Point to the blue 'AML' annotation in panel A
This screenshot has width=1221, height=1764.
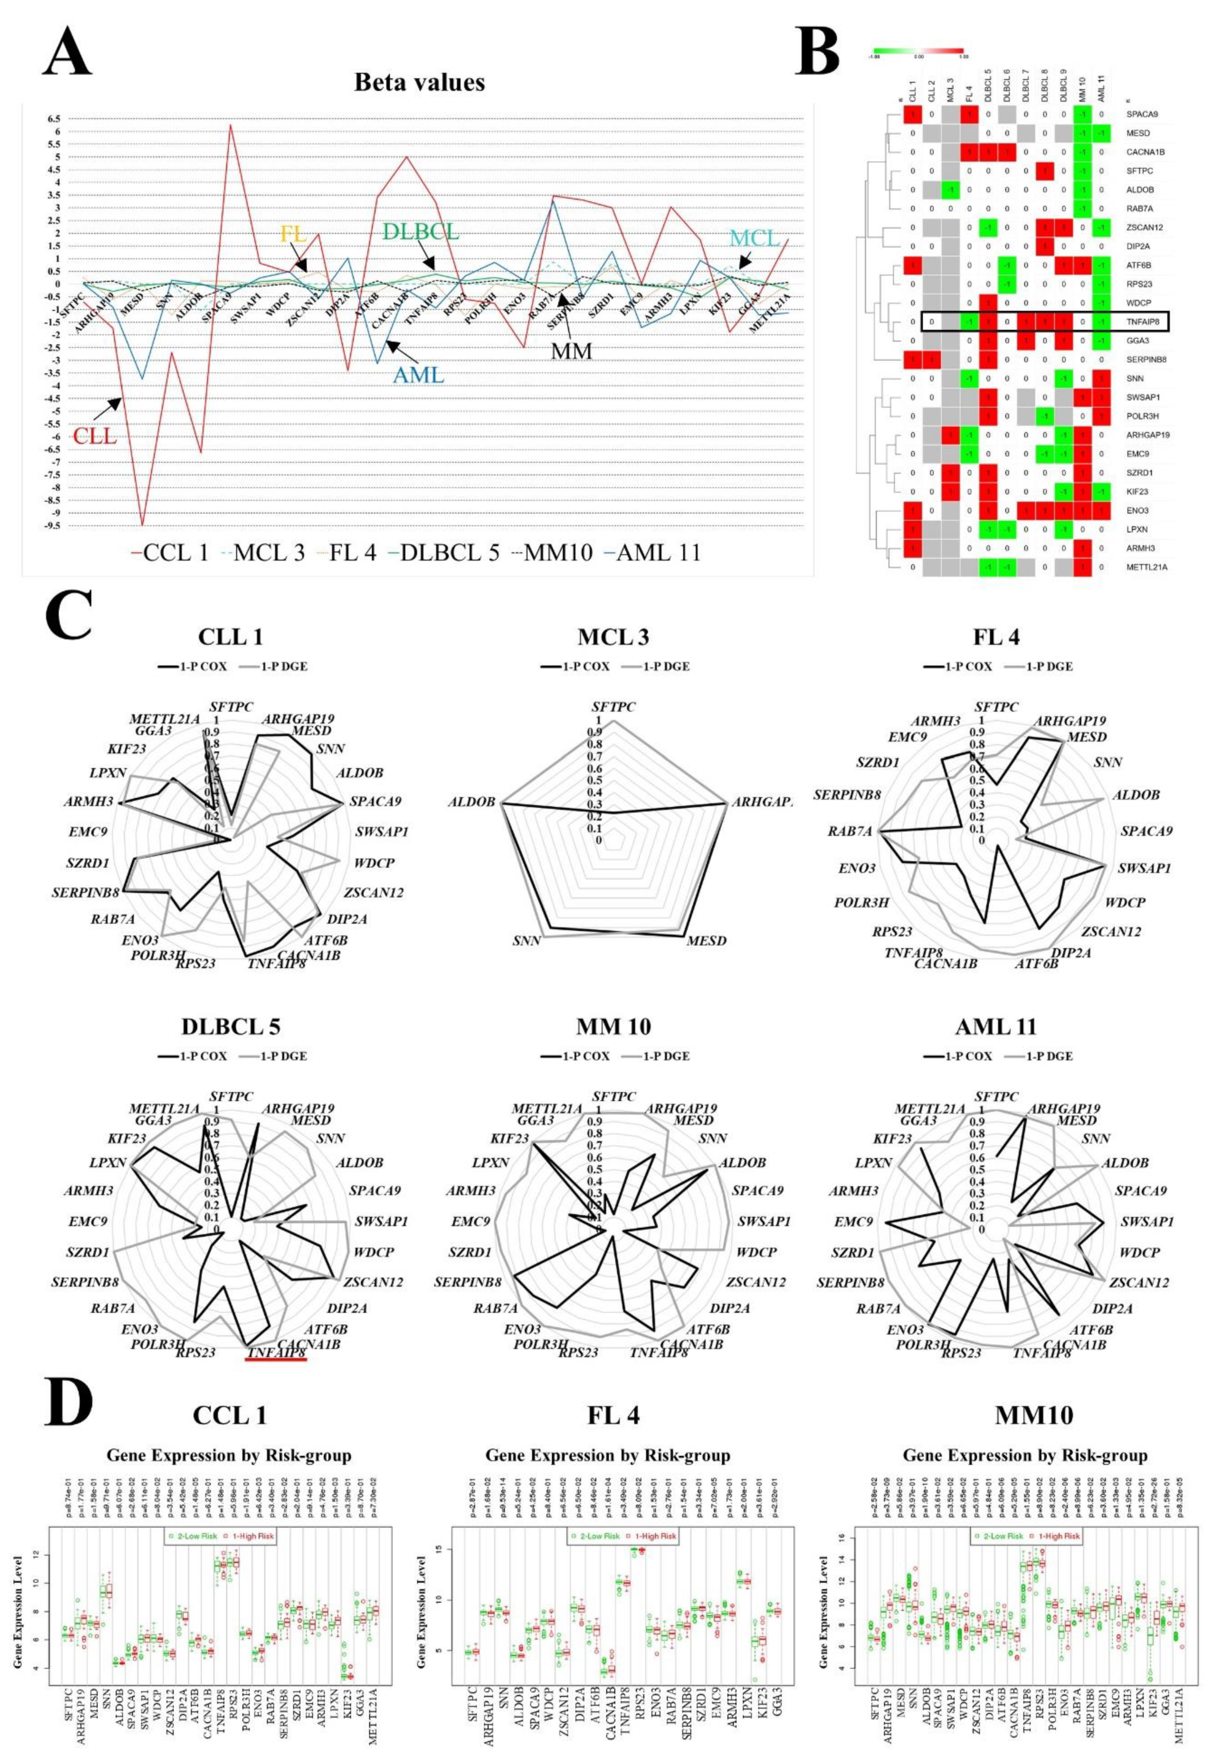click(418, 374)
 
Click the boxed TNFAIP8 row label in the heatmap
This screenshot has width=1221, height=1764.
click(1142, 322)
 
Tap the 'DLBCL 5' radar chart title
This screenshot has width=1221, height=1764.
click(231, 1026)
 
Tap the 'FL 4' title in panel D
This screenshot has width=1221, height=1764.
click(608, 1415)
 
